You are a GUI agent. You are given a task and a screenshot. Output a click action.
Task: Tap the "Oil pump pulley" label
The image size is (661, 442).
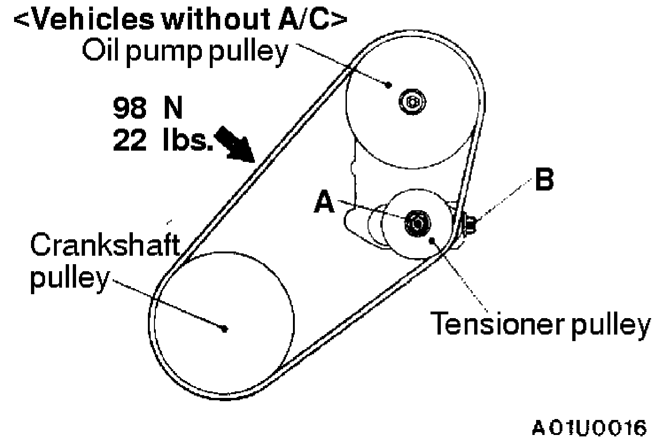click(184, 51)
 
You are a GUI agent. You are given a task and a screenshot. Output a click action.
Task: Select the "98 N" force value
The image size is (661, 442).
click(147, 108)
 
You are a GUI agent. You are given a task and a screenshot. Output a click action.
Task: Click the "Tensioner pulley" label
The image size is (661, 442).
click(540, 323)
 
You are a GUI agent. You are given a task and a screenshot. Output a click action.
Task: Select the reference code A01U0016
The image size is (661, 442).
click(589, 428)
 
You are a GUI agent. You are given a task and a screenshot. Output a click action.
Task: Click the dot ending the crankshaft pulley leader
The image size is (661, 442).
click(225, 328)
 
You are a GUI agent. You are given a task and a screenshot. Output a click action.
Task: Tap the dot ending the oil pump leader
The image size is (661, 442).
click(389, 85)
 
